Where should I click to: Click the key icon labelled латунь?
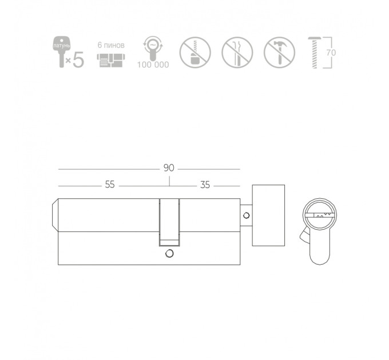[x=62, y=51]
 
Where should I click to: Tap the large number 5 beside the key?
[x=78, y=59]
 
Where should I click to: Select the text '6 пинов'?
[x=111, y=45]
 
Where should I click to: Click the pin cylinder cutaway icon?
[x=111, y=60]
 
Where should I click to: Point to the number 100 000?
[x=153, y=65]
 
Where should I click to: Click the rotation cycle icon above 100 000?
[x=153, y=48]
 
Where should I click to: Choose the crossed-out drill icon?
[x=195, y=52]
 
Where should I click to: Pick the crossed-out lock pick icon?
[x=237, y=52]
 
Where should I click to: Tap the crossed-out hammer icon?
[x=280, y=52]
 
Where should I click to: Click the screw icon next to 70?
[x=314, y=53]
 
